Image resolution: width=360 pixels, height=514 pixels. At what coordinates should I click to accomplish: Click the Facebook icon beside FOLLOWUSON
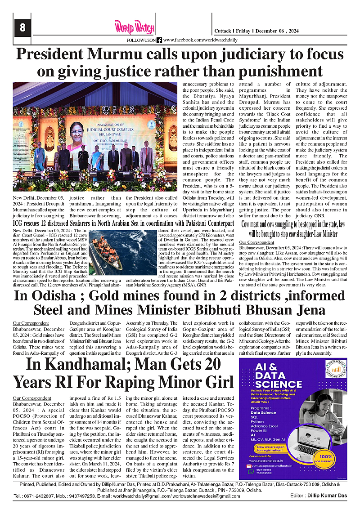(x=159, y=40)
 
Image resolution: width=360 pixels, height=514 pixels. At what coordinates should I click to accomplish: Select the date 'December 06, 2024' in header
(x=282, y=31)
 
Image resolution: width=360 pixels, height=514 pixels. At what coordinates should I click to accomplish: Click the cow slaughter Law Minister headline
(x=293, y=228)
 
